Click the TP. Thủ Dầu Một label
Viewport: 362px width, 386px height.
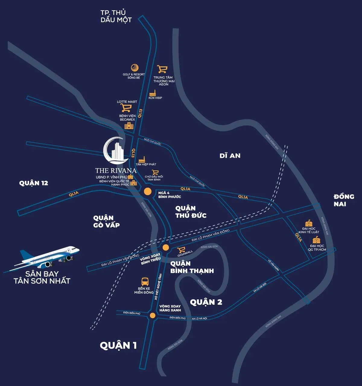point(116,16)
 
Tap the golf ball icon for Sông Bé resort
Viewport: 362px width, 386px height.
point(135,68)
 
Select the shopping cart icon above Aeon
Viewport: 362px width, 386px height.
point(162,69)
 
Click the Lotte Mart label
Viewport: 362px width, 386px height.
point(127,102)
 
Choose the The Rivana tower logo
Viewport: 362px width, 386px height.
point(115,150)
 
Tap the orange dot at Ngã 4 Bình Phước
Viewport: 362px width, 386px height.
point(148,191)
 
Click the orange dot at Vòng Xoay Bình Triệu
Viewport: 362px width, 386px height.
point(165,247)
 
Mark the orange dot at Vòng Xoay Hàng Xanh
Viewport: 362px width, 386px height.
point(152,316)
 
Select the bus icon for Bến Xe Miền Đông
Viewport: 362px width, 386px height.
point(145,282)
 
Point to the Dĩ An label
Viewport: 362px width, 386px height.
point(230,156)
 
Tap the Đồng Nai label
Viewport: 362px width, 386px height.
point(344,200)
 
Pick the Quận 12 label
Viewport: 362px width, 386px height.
point(33,183)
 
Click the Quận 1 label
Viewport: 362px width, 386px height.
point(118,345)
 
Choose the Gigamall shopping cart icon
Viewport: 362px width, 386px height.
point(181,250)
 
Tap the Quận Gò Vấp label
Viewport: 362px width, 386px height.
point(106,221)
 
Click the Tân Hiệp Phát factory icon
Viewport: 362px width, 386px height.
point(142,159)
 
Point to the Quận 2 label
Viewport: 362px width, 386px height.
point(206,302)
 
